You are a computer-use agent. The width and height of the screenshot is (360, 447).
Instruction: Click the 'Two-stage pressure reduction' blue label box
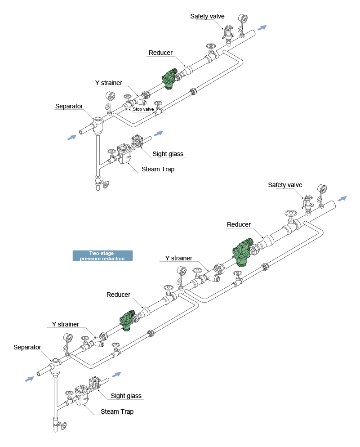(103, 256)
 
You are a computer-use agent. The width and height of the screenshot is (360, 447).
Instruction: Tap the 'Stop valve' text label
(143, 109)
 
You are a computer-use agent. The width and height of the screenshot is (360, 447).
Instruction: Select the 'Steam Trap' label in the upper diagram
(158, 169)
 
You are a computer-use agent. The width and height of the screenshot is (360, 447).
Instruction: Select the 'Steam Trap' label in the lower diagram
(117, 411)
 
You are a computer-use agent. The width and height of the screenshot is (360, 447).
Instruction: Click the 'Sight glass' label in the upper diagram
(168, 154)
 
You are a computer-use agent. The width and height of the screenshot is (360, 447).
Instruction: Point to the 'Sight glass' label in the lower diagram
(126, 396)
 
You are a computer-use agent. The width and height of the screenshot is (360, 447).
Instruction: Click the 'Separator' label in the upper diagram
(69, 107)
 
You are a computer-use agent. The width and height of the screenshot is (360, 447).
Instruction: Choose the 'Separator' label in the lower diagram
(27, 347)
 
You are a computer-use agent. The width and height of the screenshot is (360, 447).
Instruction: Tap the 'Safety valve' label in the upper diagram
(207, 16)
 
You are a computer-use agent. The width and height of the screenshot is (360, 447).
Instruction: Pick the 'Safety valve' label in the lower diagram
(285, 185)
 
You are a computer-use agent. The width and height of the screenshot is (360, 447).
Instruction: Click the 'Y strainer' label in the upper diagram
(108, 83)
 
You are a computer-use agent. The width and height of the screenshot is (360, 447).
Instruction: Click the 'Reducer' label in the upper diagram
(160, 53)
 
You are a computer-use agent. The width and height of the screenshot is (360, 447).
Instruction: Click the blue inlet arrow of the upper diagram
(71, 137)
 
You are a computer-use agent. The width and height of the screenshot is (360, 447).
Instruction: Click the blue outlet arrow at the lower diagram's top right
(342, 199)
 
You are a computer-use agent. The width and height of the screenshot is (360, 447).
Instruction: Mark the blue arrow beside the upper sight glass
(157, 133)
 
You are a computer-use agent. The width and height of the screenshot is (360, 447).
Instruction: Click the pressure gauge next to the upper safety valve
(243, 19)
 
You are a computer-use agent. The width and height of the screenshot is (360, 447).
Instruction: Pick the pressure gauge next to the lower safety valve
(321, 189)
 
